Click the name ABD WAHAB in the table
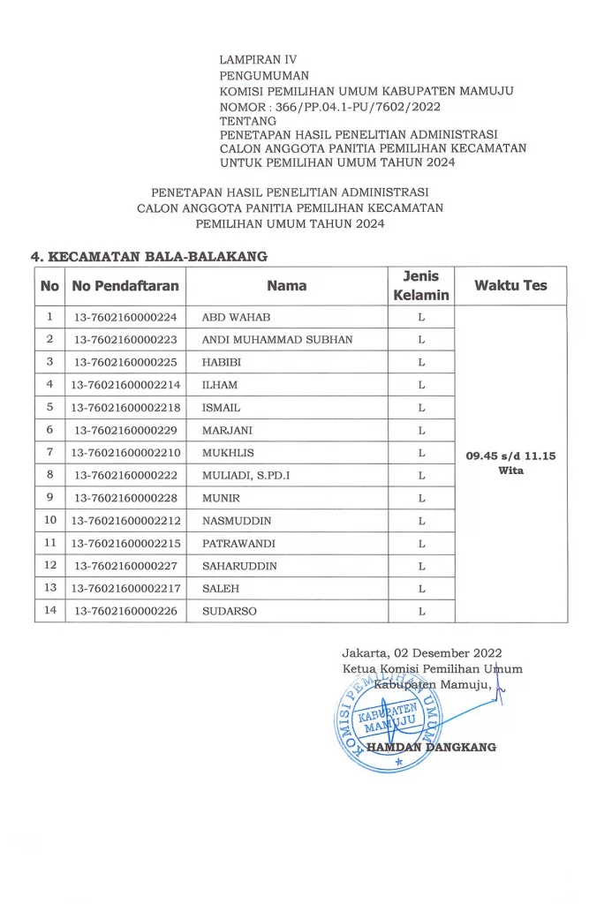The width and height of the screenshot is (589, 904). pyautogui.click(x=236, y=317)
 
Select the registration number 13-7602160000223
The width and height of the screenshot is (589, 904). pyautogui.click(x=125, y=340)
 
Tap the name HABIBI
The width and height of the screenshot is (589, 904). pyautogui.click(x=221, y=362)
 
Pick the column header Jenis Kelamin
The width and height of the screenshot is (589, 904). pyautogui.click(x=421, y=285)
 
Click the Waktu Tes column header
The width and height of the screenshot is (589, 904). pyautogui.click(x=510, y=285)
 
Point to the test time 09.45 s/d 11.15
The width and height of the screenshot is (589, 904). pyautogui.click(x=510, y=456)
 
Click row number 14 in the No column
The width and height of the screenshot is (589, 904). pyautogui.click(x=50, y=610)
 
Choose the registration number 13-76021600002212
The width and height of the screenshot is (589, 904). pyautogui.click(x=125, y=520)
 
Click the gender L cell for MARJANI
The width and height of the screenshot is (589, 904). pyautogui.click(x=422, y=430)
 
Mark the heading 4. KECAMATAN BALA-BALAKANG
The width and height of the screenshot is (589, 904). pyautogui.click(x=149, y=257)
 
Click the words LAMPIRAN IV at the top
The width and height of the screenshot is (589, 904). pyautogui.click(x=258, y=60)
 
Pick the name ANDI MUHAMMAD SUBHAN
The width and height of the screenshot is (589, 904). pyautogui.click(x=277, y=340)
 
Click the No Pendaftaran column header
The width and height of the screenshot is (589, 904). pyautogui.click(x=125, y=285)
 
